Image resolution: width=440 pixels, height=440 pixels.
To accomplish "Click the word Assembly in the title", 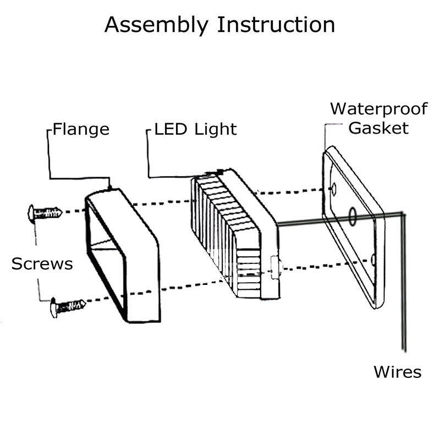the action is tap(156, 25).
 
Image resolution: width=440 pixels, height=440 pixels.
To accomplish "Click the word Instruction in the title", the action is tap(276, 25).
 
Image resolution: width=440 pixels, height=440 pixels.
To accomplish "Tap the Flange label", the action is tap(81, 129).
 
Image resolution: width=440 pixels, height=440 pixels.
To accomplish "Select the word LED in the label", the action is tap(170, 129).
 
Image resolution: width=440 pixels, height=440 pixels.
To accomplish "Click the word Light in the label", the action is tap(216, 130).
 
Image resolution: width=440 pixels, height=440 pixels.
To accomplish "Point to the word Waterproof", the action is tap(379, 109).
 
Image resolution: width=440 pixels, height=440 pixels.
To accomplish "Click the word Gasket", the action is tap(378, 128).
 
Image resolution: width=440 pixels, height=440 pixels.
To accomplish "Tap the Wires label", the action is tap(397, 372).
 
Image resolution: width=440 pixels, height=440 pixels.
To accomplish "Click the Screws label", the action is tap(42, 264).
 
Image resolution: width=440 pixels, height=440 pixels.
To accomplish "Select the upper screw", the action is tap(45, 213).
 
